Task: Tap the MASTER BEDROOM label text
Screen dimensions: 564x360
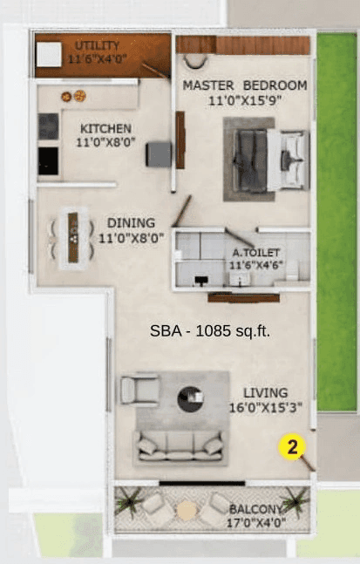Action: [x=245, y=85]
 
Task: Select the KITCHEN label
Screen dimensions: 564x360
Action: [x=105, y=127]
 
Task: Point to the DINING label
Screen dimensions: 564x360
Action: [x=131, y=221]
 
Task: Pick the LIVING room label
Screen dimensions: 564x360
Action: [x=265, y=392]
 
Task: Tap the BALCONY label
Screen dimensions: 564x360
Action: [x=255, y=509]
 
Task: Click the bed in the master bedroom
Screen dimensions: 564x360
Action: [x=268, y=160]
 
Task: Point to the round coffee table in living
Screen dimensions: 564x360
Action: [x=191, y=399]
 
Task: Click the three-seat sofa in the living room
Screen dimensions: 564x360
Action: [x=179, y=445]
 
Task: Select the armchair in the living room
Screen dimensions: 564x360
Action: [x=139, y=389]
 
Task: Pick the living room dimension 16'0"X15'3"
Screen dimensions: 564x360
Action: [x=265, y=407]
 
